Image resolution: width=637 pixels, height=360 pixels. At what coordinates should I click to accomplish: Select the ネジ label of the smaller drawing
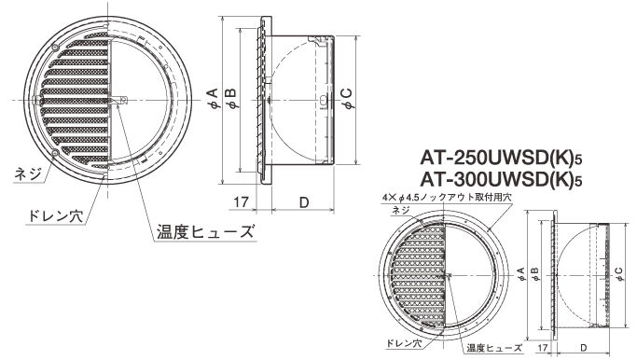pos(403,211)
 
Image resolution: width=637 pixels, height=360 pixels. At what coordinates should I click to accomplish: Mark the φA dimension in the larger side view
pos(213,100)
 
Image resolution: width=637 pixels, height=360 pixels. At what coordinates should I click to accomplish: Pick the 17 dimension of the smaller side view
pos(543,348)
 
